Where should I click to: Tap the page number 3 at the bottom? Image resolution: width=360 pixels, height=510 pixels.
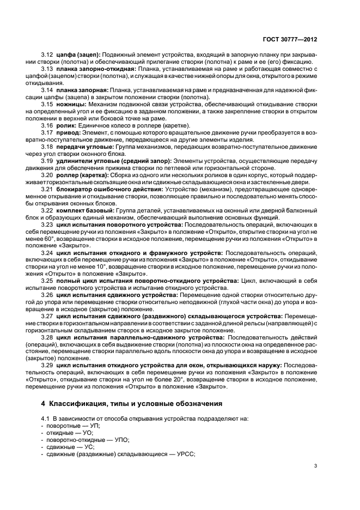tap(316, 466)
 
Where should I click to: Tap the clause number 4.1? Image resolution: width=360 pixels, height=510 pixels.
tap(47, 418)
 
